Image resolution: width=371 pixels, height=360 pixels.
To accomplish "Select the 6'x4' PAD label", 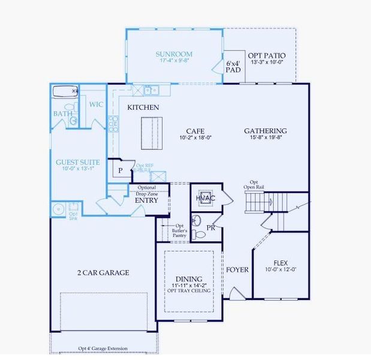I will pyautogui.click(x=233, y=66).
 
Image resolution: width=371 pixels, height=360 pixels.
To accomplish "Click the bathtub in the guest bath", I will pyautogui.click(x=65, y=92).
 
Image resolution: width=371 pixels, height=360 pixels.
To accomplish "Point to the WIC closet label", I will pyautogui.click(x=96, y=104).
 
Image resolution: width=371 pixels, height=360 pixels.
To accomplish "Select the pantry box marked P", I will pyautogui.click(x=120, y=170).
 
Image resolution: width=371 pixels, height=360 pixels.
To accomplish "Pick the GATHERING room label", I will pyautogui.click(x=265, y=131).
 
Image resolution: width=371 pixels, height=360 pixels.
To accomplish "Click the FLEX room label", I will pyautogui.click(x=280, y=263).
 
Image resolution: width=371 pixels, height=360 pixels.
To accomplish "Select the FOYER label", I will pyautogui.click(x=237, y=270).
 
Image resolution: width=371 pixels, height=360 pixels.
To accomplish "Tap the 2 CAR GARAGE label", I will pyautogui.click(x=103, y=272).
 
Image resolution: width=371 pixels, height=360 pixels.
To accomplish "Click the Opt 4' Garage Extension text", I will pyautogui.click(x=104, y=348).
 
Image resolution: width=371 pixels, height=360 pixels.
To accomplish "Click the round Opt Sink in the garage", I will pyautogui.click(x=59, y=209).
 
